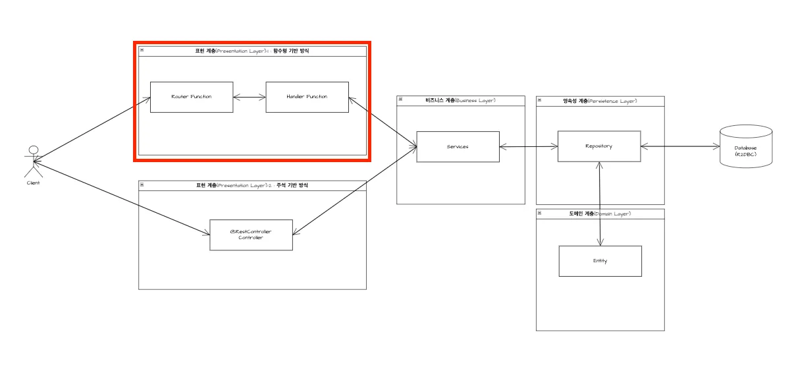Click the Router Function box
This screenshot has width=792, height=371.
(192, 97)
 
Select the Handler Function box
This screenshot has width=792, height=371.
(307, 97)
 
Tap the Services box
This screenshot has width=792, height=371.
(458, 146)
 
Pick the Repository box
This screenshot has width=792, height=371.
(598, 146)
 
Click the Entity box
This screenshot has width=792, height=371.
(600, 261)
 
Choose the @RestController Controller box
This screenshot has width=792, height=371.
(251, 235)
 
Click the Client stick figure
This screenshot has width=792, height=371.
(33, 161)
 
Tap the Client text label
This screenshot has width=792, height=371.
(33, 183)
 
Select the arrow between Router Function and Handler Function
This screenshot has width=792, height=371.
(249, 98)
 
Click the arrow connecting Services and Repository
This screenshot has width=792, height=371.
(528, 146)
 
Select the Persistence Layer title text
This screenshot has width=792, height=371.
(600, 101)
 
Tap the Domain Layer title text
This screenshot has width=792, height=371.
(600, 214)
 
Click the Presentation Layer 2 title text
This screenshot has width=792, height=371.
(252, 185)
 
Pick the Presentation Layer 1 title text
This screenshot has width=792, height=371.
(252, 51)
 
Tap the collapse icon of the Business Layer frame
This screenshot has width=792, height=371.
(401, 100)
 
